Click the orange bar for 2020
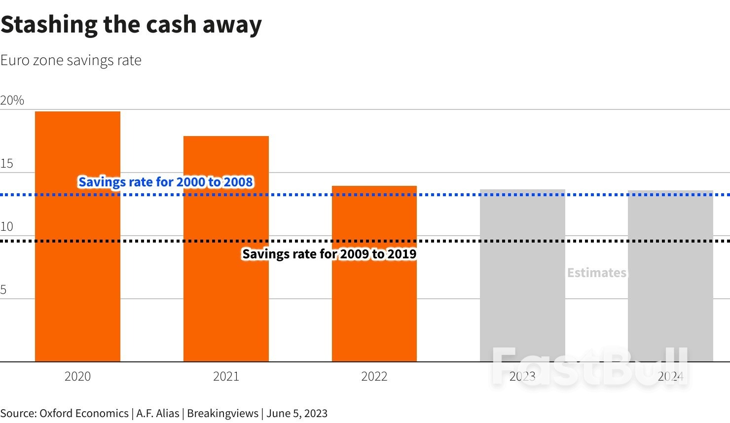[x=77, y=276]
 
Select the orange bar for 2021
[x=226, y=296]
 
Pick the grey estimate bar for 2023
[x=522, y=296]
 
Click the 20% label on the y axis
[x=12, y=101]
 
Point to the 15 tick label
[x=7, y=164]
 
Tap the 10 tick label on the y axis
[x=6, y=227]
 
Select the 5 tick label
[x=3, y=290]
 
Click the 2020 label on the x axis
[x=77, y=377]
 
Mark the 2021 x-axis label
[x=226, y=377]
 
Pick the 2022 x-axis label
[x=374, y=377]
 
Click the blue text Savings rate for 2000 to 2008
[x=166, y=182]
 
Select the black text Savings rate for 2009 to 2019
[x=329, y=254]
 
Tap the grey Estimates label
[x=596, y=273]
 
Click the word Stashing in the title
[x=49, y=25]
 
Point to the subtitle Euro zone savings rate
[x=71, y=60]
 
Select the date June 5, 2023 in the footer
[x=297, y=413]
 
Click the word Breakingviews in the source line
[x=222, y=413]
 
